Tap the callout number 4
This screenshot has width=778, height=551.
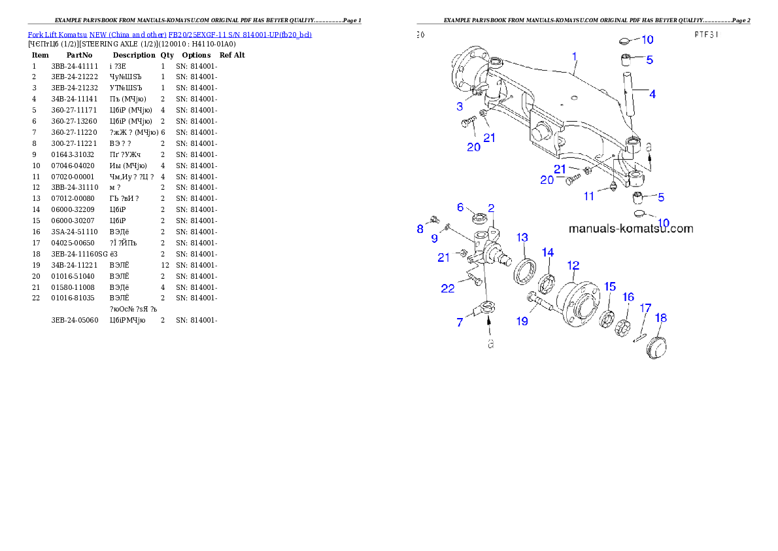pos(652,94)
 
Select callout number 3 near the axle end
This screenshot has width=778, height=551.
pos(460,106)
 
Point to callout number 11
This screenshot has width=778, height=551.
pos(589,196)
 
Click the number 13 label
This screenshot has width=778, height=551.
pos(523,237)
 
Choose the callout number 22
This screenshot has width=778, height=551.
pos(447,288)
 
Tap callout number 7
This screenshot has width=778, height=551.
pos(460,322)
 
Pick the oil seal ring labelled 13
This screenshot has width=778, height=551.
pos(524,271)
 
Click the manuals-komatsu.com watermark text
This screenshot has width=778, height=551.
pos(630,229)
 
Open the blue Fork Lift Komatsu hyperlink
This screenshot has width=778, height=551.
pos(169,34)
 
